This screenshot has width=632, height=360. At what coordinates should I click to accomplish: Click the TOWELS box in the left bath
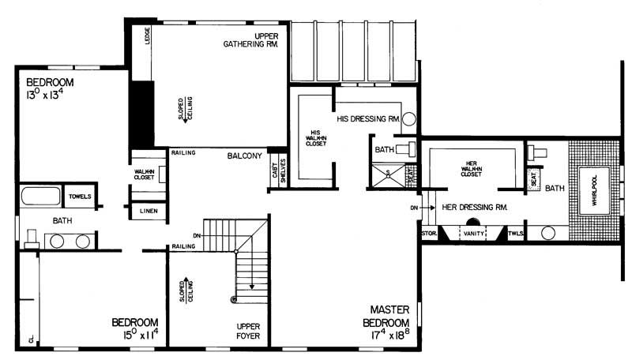(x=81, y=197)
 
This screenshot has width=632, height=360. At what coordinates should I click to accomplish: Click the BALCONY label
(x=244, y=156)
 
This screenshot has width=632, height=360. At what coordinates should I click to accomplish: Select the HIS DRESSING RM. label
(x=369, y=120)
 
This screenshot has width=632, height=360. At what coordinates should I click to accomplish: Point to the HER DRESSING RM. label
(x=473, y=208)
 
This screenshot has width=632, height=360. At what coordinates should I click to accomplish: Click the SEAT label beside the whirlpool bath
(x=536, y=181)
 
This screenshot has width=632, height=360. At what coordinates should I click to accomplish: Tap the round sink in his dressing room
(x=408, y=120)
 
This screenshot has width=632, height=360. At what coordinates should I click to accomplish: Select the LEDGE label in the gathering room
(x=149, y=37)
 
